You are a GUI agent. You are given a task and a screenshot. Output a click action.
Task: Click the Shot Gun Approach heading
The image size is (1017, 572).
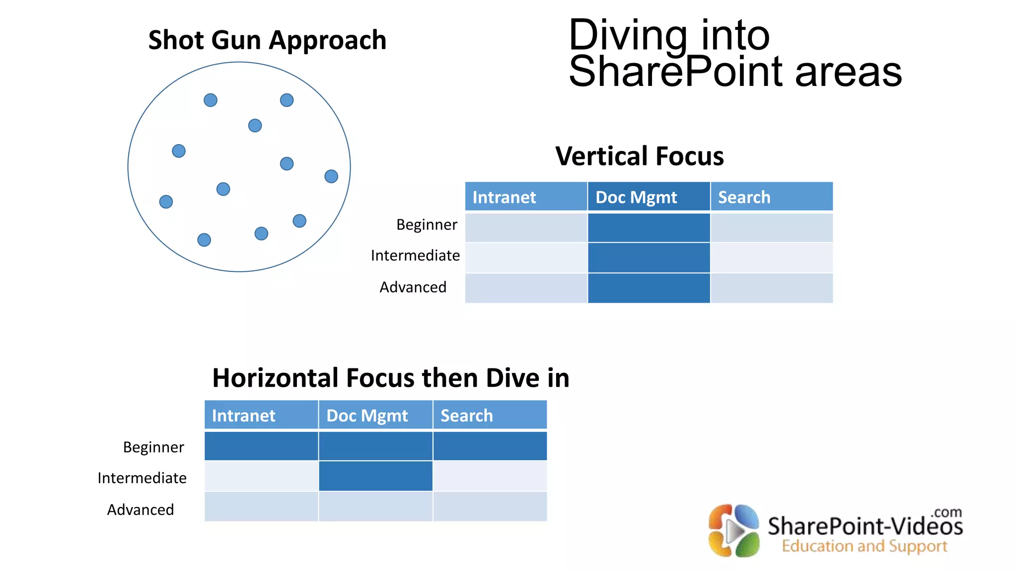267,40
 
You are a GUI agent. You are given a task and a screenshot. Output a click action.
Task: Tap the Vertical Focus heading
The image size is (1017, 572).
639,156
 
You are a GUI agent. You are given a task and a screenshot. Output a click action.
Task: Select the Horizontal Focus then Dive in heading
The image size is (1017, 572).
390,378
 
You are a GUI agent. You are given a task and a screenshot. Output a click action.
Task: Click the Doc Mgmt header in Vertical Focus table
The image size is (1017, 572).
636,197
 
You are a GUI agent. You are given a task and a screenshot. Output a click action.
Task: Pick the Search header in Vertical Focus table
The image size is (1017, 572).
744,197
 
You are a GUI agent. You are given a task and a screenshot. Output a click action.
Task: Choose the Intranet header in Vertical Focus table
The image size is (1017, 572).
504,197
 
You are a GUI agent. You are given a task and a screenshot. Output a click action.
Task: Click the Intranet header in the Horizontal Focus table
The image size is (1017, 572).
243,415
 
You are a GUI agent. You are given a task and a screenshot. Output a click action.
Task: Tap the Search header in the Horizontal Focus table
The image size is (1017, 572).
466,415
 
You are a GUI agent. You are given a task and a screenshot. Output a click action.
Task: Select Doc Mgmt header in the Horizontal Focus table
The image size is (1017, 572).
367,415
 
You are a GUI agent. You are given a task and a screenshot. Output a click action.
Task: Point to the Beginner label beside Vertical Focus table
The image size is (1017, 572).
427,224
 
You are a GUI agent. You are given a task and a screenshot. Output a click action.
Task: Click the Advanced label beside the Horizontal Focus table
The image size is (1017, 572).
141,509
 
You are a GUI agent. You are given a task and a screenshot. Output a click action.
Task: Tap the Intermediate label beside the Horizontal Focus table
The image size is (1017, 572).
142,478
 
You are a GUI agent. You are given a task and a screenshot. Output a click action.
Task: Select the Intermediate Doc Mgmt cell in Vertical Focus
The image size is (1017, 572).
649,258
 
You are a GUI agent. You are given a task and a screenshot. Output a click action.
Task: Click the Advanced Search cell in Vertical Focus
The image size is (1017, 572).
771,288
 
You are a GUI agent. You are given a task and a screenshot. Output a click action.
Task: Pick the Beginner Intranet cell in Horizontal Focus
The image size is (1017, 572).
261,446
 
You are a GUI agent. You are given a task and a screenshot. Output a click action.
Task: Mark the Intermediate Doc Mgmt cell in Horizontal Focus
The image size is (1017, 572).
375,476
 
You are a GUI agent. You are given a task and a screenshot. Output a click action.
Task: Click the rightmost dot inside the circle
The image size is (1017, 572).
331,176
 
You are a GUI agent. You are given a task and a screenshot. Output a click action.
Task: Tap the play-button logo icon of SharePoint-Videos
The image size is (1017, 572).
734,531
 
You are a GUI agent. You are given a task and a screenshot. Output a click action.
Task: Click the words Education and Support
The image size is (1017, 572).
865,546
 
